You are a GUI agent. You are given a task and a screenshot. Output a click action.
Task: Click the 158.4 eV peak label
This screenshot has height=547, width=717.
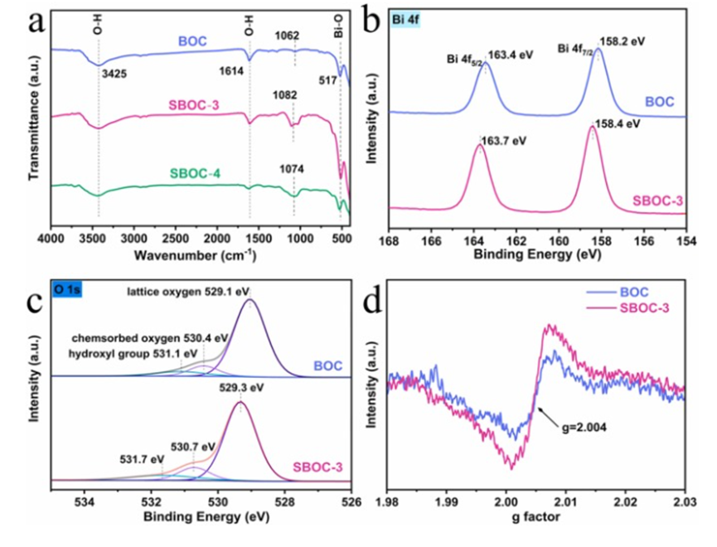618,124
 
